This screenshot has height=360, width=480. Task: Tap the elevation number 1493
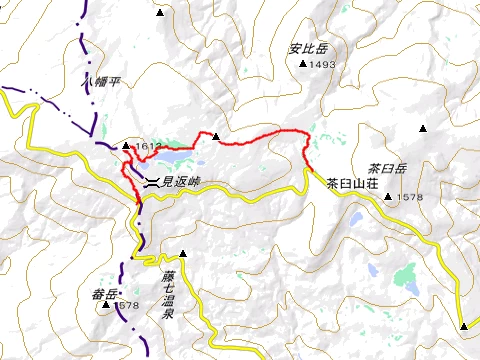tap(324, 65)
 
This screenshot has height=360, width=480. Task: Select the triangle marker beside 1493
tap(304, 64)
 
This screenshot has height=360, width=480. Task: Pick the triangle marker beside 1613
tap(126, 147)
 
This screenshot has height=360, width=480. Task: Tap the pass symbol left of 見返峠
tap(151, 182)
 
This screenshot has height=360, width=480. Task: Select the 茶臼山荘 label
tap(350, 183)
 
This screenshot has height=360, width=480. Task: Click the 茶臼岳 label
tap(387, 169)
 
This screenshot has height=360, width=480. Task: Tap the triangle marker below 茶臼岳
tap(387, 196)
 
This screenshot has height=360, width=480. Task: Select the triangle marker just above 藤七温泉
tap(182, 252)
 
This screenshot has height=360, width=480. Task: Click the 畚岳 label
tap(103, 293)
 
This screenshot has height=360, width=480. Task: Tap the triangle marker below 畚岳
tap(106, 305)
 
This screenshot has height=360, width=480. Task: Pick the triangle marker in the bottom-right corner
tap(465, 325)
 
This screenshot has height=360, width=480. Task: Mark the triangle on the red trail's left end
tap(216, 136)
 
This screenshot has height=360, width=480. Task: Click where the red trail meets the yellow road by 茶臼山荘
tap(308, 171)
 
